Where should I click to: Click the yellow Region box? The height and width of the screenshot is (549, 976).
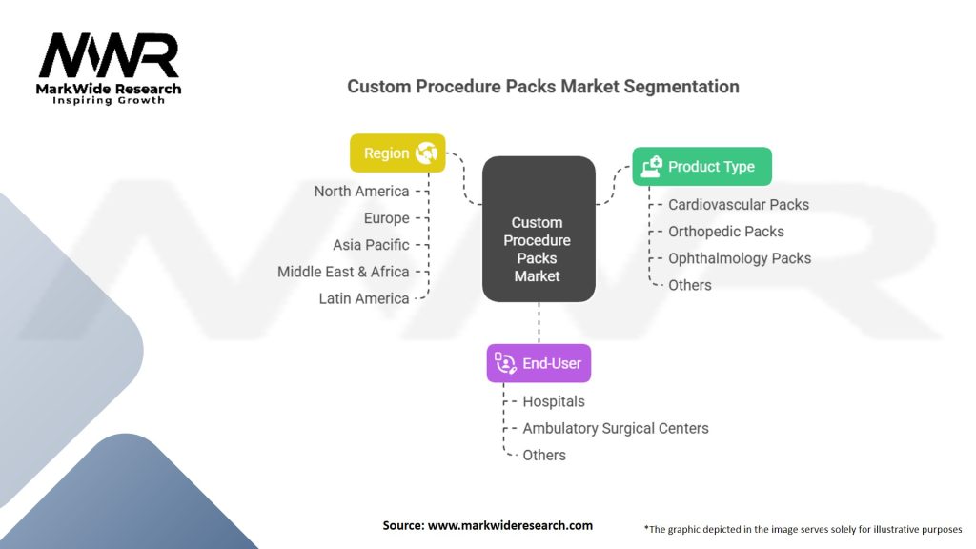tap(397, 153)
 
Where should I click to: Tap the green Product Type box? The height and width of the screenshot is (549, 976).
tap(702, 166)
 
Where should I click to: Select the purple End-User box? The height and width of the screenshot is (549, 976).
tap(539, 363)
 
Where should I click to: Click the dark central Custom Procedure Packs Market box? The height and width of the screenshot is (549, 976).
tap(539, 229)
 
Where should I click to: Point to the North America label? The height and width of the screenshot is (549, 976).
tap(361, 191)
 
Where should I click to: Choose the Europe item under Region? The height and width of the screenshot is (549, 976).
tap(387, 218)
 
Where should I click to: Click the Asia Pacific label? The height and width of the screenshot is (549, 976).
tap(371, 245)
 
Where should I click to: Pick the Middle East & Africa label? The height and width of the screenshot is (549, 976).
tap(343, 272)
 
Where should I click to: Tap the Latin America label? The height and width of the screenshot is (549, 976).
tap(364, 298)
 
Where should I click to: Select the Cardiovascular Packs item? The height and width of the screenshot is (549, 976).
tap(739, 205)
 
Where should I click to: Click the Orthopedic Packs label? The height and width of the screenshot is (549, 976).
tap(726, 232)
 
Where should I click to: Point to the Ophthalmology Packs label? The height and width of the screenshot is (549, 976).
tap(740, 258)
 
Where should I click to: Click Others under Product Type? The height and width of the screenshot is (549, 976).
tap(690, 285)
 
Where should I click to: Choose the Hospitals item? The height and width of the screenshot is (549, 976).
tap(554, 401)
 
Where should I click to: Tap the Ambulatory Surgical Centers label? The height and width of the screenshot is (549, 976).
tap(616, 428)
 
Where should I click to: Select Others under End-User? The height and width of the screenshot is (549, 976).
tap(544, 455)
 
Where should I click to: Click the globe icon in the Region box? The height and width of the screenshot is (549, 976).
tap(427, 153)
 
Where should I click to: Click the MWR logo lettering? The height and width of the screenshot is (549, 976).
tap(109, 55)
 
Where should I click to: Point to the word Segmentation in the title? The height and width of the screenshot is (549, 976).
tap(681, 87)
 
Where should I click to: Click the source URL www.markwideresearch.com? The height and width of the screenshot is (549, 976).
tap(511, 525)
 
